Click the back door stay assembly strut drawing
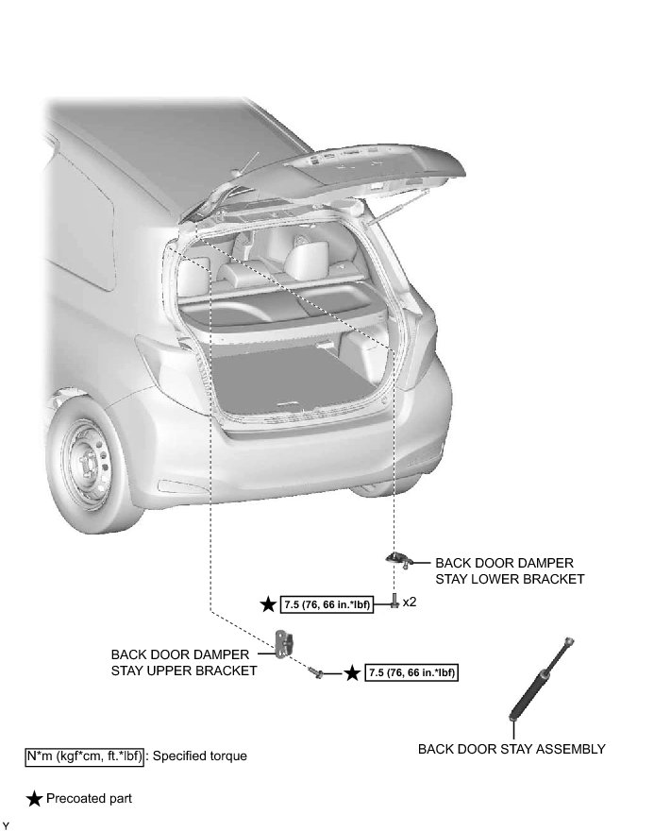click(542, 679)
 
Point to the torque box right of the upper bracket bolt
click(412, 672)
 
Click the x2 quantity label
click(410, 602)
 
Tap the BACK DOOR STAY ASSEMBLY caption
click(512, 749)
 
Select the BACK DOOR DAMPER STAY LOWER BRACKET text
click(509, 570)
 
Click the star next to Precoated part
click(34, 799)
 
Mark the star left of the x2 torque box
click(269, 603)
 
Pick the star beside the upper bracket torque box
click(351, 672)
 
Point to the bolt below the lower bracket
click(394, 602)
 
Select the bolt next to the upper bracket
click(316, 671)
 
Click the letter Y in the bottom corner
click(6, 825)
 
